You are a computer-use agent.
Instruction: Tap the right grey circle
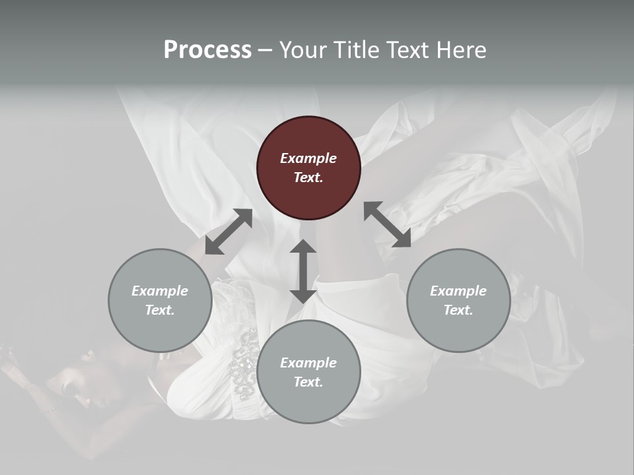point(458,300)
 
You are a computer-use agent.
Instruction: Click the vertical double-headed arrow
point(303,271)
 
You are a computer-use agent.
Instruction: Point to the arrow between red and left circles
point(229,232)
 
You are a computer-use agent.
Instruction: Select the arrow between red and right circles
point(388,224)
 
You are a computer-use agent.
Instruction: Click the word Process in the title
point(207,50)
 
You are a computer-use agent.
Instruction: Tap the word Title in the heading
point(355,50)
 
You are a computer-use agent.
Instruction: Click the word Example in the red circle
point(308,158)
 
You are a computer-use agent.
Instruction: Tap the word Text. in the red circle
point(308,177)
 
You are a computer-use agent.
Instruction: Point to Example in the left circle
point(160,291)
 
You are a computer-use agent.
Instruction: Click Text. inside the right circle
point(458,310)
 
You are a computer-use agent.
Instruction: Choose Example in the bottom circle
point(308,363)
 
